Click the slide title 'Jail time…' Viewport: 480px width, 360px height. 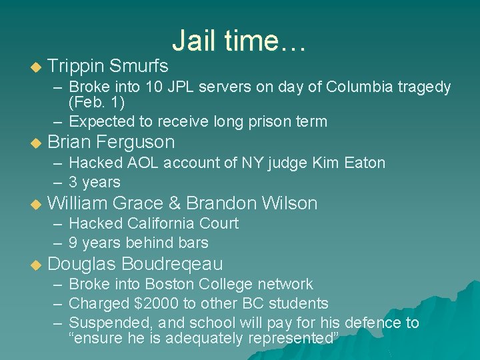pos(239,41)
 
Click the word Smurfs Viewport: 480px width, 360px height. pos(139,66)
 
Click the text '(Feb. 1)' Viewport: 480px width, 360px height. pos(96,103)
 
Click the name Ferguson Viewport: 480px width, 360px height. pos(135,142)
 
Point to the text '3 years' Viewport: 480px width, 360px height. pos(95,183)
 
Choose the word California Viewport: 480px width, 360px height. pos(163,223)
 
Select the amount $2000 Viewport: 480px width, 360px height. pos(156,304)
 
